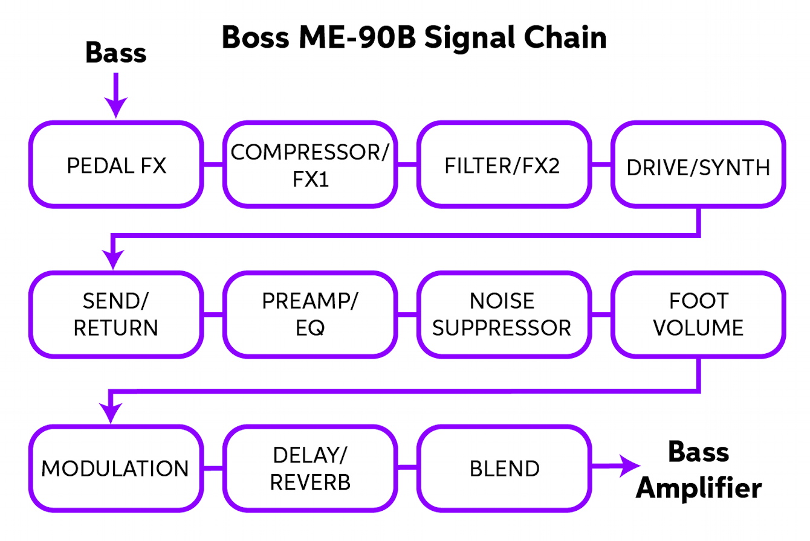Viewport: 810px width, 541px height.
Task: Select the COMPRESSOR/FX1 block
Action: click(x=309, y=164)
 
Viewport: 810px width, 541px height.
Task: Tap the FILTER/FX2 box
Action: click(x=502, y=164)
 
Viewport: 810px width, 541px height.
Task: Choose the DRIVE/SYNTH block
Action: click(x=698, y=164)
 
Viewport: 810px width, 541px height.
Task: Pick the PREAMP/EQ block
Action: click(x=309, y=315)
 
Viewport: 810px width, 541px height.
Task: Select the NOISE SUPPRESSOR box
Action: click(x=502, y=315)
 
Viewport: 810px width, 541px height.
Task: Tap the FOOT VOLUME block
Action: click(x=698, y=315)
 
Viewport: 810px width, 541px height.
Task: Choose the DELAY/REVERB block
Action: click(x=309, y=467)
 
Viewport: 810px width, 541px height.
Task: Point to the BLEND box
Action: click(x=502, y=467)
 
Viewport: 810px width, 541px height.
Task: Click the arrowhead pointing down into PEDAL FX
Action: click(x=115, y=108)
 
